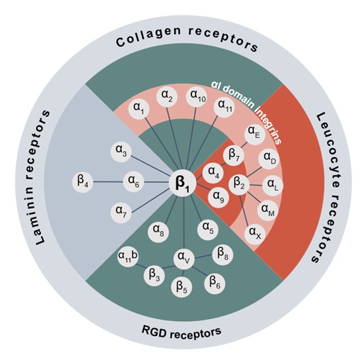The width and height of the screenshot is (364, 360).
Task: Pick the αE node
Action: point(254,132)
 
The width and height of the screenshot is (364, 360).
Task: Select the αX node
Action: point(254,232)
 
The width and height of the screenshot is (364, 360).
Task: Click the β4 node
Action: point(84,181)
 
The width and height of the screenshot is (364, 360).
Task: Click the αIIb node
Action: point(127,254)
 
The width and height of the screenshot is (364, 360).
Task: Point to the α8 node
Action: point(158,230)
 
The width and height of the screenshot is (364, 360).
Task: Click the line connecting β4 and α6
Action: point(108,181)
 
